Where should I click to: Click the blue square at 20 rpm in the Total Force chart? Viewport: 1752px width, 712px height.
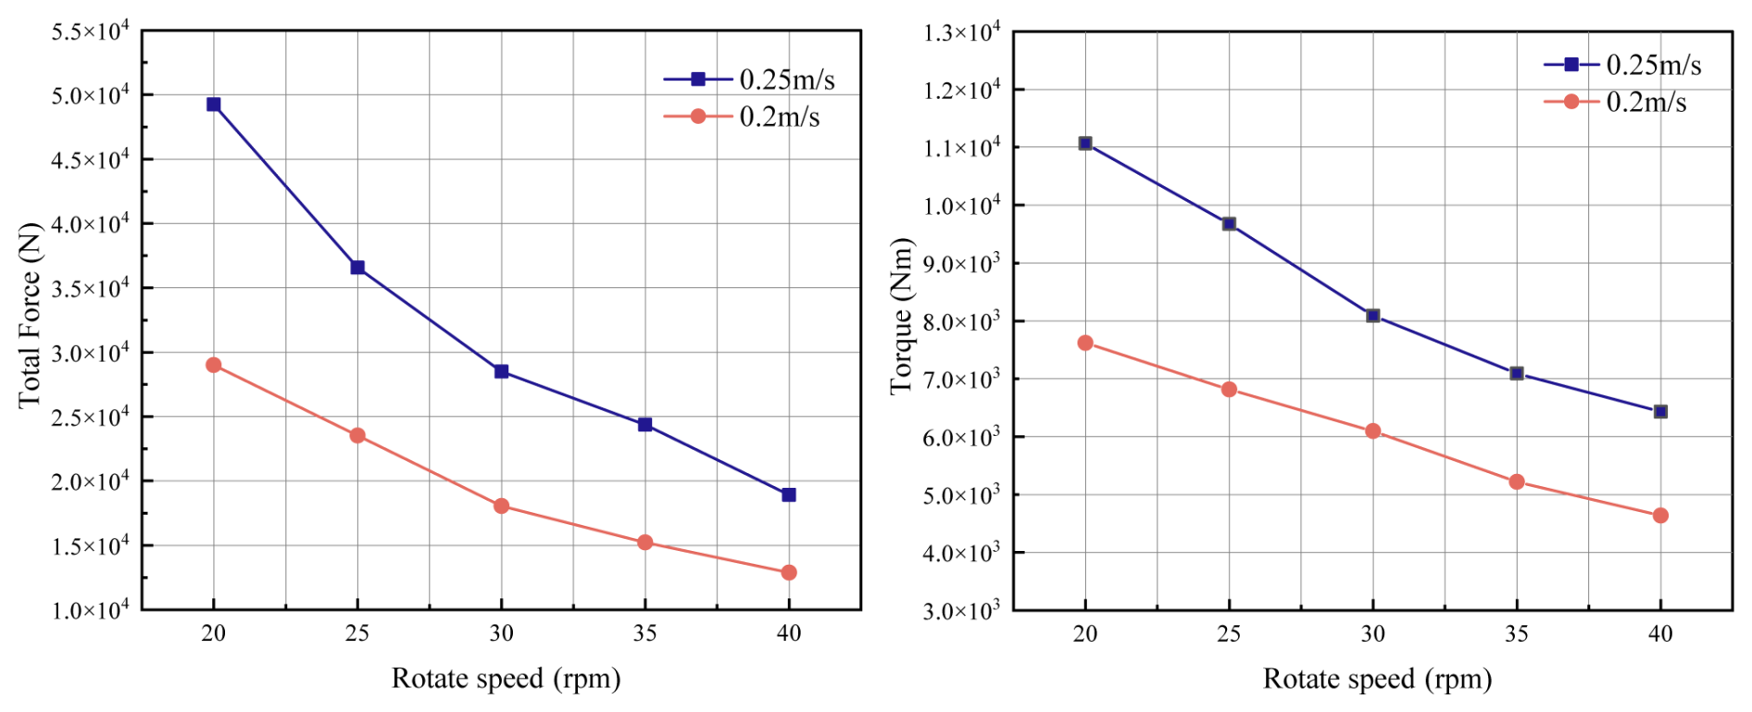point(214,105)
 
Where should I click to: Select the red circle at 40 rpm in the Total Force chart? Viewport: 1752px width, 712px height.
point(789,573)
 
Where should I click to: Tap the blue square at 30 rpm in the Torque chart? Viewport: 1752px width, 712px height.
point(1373,316)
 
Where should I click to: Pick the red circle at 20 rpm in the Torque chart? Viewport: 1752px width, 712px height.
point(1085,344)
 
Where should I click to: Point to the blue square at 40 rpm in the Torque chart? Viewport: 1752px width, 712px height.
point(1660,412)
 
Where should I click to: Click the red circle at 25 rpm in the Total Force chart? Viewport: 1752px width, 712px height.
point(357,436)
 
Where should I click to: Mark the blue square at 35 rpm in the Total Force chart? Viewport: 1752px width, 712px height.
point(645,425)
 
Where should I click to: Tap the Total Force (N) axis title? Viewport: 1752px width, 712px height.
point(30,315)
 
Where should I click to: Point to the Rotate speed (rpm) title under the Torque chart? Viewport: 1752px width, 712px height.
point(1377,679)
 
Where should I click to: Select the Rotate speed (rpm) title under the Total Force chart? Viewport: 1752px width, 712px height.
point(506,679)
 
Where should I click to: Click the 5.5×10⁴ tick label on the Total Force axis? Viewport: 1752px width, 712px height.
point(90,32)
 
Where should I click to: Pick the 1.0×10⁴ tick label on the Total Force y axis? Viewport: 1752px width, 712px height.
point(90,609)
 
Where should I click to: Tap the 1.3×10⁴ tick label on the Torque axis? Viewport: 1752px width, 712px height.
point(961,33)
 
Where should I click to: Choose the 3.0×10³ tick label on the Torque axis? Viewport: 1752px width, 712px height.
point(961,610)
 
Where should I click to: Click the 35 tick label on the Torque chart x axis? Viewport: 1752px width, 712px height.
point(1517,634)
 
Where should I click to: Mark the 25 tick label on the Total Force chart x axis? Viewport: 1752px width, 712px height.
point(357,633)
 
